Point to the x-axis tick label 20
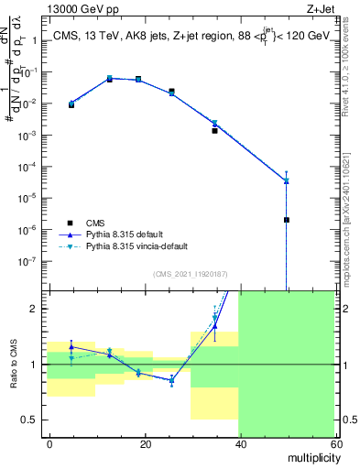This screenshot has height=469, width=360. [145, 442]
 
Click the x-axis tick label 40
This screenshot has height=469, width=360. [239, 442]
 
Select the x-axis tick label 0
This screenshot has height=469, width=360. [49, 442]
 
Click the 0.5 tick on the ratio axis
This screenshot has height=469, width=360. [34, 420]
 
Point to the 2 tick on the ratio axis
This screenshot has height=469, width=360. [38, 309]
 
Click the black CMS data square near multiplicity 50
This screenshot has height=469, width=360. [287, 220]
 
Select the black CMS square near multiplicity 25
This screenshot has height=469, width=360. [171, 91]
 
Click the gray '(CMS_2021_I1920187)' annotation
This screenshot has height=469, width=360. [191, 274]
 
